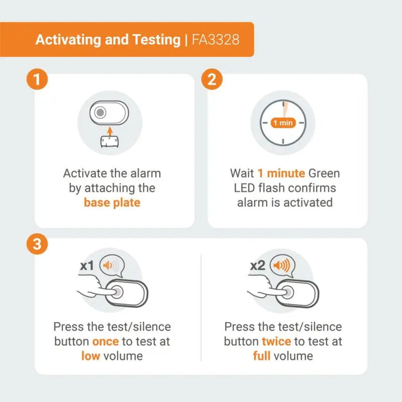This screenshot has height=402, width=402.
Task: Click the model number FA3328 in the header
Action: point(215,40)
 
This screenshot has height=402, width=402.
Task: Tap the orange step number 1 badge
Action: point(37,79)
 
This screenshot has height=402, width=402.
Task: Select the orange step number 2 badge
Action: point(212,79)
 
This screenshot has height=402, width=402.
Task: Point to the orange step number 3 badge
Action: point(37,243)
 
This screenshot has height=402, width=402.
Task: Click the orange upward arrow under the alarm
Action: point(110,132)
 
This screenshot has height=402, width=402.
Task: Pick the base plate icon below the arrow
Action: point(110,142)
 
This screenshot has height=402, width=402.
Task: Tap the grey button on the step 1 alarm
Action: point(100,113)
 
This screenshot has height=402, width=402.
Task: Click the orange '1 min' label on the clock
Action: point(283,123)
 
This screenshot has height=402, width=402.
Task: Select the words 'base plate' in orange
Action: point(112,203)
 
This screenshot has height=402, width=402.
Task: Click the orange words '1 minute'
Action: point(281,173)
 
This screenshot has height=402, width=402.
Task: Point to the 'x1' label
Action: point(87,265)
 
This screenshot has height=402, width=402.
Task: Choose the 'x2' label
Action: point(257,265)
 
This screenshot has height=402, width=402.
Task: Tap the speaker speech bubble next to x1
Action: point(112,266)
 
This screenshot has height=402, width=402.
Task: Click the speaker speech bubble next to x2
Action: point(283,265)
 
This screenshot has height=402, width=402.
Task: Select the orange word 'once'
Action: point(105,342)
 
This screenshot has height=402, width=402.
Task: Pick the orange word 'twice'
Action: point(276,342)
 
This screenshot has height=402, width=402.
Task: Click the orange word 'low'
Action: point(91,356)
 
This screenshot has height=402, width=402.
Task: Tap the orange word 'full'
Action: point(261,356)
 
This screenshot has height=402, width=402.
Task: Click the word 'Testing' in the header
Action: point(157,40)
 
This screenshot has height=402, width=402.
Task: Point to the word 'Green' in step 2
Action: point(324,173)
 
